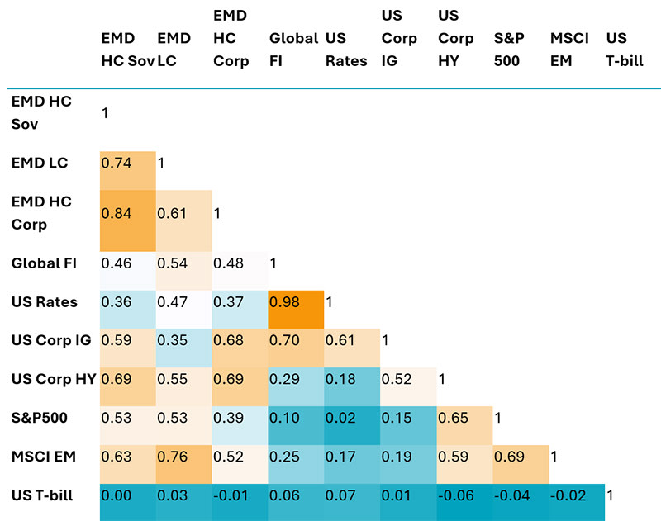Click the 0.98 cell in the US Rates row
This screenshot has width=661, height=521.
click(x=296, y=303)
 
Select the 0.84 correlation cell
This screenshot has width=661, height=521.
click(x=128, y=214)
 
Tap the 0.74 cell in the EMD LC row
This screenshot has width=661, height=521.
click(x=128, y=163)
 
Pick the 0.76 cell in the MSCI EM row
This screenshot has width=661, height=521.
click(x=183, y=456)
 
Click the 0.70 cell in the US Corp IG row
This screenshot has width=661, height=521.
click(x=296, y=341)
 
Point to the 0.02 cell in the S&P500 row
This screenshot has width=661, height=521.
click(x=352, y=418)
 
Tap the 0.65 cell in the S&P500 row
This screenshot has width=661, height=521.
click(x=464, y=418)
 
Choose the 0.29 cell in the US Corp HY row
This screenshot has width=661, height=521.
click(x=296, y=379)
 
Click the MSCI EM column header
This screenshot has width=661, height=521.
click(x=568, y=50)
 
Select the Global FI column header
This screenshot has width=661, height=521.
click(x=293, y=50)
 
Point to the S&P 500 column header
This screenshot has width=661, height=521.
click(x=508, y=50)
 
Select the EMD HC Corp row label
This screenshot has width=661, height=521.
click(x=41, y=213)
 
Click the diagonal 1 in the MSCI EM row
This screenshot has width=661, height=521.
click(x=554, y=456)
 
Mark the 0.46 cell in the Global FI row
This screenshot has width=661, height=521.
click(x=128, y=265)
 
